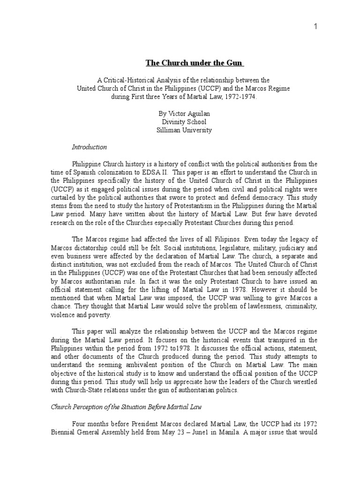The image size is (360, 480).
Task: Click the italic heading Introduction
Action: tap(89, 147)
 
